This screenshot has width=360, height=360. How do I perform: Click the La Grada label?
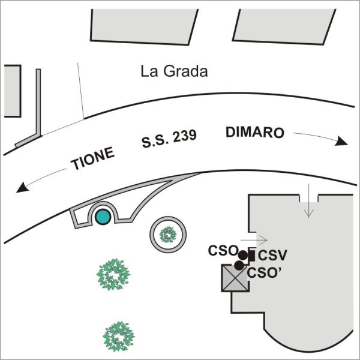coord(174,71)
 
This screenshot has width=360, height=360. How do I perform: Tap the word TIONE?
coord(93,158)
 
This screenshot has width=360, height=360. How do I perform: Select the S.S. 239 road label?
coord(169,139)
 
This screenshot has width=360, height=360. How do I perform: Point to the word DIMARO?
coord(255,133)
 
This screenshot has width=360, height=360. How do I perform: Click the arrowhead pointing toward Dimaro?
coord(341,141)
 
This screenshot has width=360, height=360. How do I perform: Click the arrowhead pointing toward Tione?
coord(22,187)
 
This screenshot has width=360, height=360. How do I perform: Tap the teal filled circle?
coord(103,217)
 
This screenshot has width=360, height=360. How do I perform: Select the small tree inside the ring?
coord(168,235)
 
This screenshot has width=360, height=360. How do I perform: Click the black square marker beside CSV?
coord(252,256)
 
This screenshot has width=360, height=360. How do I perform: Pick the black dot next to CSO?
coord(243,255)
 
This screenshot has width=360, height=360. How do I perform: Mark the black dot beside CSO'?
coord(239,265)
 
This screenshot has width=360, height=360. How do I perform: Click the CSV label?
coord(272,256)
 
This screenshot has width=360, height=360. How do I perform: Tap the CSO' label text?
coord(264,273)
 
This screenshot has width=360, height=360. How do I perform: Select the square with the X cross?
coord(235,278)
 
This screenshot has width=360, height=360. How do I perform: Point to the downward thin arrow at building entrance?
coord(309,200)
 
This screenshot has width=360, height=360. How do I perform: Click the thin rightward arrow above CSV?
coord(254,240)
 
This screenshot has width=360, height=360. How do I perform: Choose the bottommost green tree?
coord(118,337)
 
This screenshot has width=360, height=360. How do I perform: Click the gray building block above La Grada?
coord(143,26)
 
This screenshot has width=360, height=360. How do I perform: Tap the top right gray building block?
coord(284,26)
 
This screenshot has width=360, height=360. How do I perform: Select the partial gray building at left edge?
coord(13,91)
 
